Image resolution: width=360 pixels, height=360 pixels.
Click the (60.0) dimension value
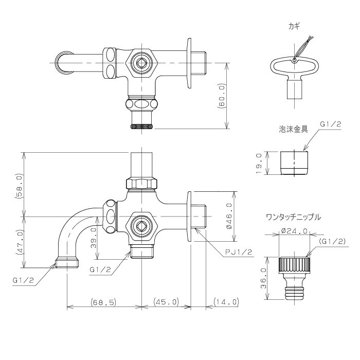223,96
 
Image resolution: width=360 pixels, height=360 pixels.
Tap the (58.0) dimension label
20,186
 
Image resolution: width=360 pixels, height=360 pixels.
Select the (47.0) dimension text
20,242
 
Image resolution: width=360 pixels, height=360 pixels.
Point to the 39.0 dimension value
93,238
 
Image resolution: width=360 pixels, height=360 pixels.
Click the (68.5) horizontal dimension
103,302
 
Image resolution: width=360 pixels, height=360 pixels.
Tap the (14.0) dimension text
226,302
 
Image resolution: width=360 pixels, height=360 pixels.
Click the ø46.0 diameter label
229,217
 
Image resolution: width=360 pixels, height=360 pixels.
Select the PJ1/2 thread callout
239,252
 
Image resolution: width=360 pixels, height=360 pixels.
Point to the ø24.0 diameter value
294,231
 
